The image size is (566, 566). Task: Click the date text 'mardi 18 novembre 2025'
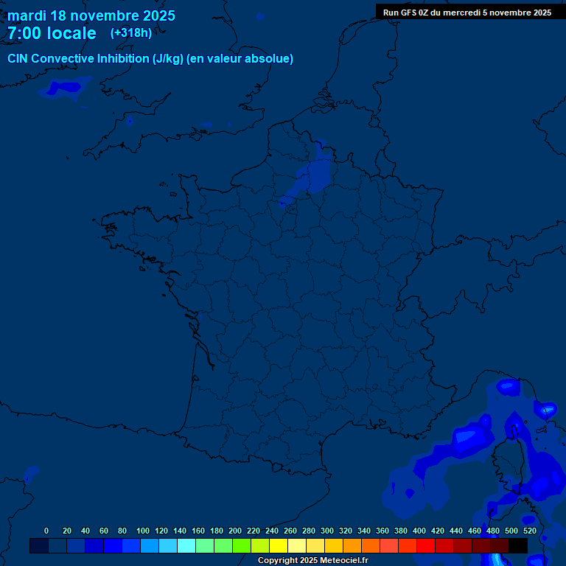pyautogui.click(x=91, y=15)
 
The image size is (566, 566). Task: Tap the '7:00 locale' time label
pyautogui.click(x=52, y=33)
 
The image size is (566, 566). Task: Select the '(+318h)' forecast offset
pyautogui.click(x=131, y=32)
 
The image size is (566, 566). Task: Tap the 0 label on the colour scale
pyautogui.click(x=46, y=531)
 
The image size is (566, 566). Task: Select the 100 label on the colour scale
pyautogui.click(x=142, y=531)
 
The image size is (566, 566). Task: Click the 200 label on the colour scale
pyautogui.click(x=235, y=531)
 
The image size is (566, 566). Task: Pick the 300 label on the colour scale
pyautogui.click(x=327, y=531)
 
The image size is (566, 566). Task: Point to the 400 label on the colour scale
pyautogui.click(x=419, y=531)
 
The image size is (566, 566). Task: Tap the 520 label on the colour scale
pyautogui.click(x=529, y=531)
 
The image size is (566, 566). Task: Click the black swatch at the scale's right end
pyautogui.click(x=518, y=546)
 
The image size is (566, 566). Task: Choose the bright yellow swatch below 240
pyautogui.click(x=278, y=546)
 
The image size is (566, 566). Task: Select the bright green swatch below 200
pyautogui.click(x=241, y=546)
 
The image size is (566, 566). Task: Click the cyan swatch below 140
pyautogui.click(x=186, y=546)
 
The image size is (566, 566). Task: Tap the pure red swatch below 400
pyautogui.click(x=425, y=546)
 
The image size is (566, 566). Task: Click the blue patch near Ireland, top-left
pyautogui.click(x=65, y=88)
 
